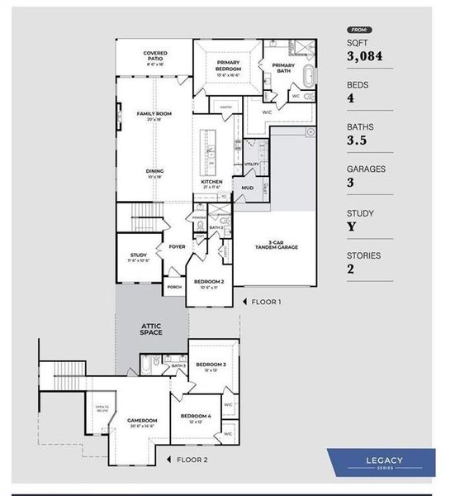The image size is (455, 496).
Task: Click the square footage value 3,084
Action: (x=362, y=55)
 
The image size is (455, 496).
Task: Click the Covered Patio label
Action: (x=154, y=55)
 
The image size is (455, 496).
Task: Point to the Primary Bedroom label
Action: (x=227, y=65)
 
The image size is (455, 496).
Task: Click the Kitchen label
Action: (x=212, y=184)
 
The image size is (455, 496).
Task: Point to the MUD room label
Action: (x=248, y=188)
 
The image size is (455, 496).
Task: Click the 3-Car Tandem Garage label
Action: (x=276, y=245)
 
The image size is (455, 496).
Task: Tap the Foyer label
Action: (x=177, y=246)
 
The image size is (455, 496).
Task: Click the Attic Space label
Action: (x=150, y=329)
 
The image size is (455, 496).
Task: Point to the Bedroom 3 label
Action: (x=211, y=365)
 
